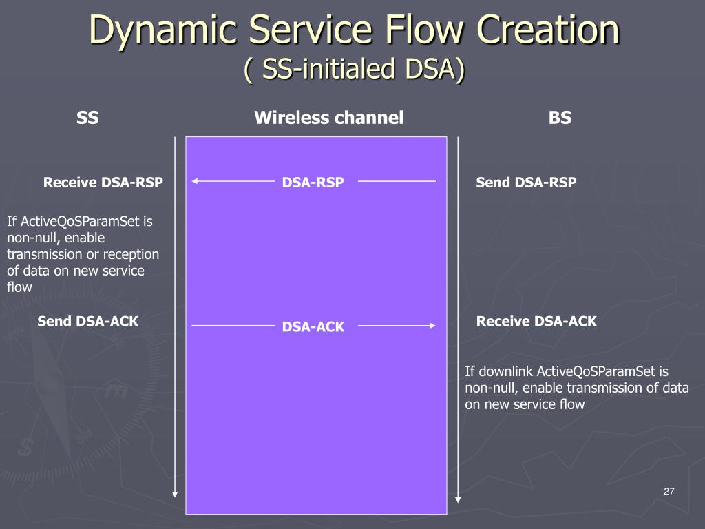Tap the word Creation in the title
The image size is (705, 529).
coord(548,29)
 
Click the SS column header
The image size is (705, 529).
coord(87,118)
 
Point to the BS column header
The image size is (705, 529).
coord(560,118)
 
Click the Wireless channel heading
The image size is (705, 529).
coord(328,118)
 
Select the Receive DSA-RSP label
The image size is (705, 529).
coord(103,182)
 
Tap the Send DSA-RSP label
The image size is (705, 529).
coord(526,182)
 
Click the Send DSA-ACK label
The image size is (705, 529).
coord(87,321)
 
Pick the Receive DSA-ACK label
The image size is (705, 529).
coord(536,321)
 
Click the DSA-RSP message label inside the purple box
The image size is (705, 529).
coord(313,182)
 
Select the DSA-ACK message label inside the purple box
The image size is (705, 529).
coord(313,326)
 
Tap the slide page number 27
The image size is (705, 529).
coord(669,492)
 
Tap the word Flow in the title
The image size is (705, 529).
coord(425,29)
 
